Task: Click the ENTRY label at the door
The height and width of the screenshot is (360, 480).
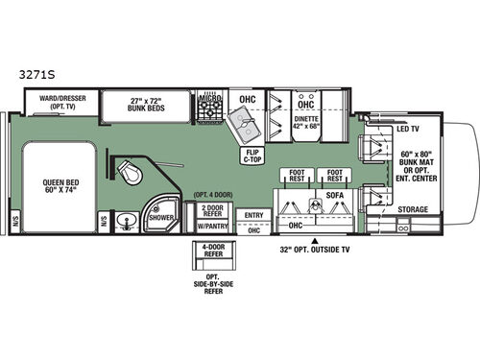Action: pyautogui.click(x=254, y=216)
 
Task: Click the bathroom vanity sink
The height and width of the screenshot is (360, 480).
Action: pyautogui.click(x=127, y=219)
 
